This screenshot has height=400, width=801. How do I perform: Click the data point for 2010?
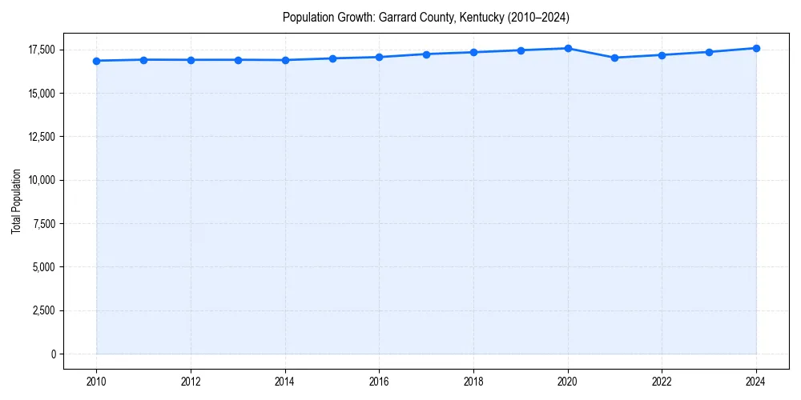point(96,61)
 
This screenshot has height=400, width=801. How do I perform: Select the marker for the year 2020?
point(568,48)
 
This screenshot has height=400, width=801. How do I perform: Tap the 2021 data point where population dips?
point(614,58)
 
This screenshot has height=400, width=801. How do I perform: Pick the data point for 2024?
point(756,48)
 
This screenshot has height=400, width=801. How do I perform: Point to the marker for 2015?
point(332,58)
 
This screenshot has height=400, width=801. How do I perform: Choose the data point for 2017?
point(426,54)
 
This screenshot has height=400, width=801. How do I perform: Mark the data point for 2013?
point(238,60)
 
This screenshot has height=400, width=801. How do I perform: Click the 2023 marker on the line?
point(709,52)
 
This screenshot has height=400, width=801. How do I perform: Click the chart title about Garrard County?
point(425,17)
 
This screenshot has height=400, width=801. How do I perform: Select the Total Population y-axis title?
point(16,202)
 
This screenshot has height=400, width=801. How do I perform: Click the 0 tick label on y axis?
point(52,354)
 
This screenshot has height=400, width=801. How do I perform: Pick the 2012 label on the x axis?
point(191,382)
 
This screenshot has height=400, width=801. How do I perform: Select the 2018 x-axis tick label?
point(473,382)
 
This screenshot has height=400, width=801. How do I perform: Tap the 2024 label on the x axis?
point(756,382)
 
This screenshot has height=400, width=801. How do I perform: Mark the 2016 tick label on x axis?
point(379,382)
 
